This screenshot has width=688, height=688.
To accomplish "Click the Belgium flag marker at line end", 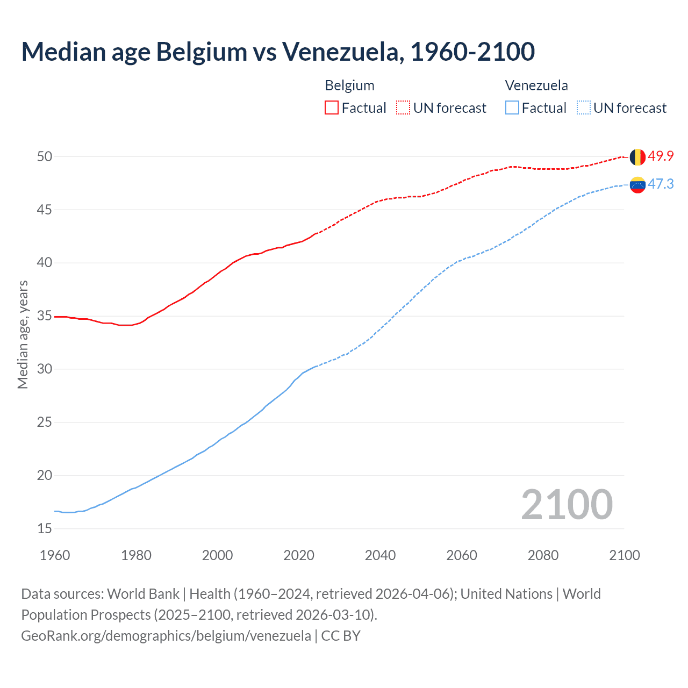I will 637,157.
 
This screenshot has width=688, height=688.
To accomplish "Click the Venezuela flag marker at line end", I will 637,185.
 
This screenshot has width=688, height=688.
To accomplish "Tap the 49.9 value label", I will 661,156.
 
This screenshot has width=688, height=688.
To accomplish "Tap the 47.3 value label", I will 661,184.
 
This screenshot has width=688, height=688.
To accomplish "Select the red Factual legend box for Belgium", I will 332,108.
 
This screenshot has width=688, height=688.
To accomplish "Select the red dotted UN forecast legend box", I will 403,108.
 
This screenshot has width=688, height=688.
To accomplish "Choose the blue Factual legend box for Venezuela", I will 512,108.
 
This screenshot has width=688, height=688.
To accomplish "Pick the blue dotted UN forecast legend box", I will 584,108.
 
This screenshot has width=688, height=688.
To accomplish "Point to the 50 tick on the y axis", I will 45,157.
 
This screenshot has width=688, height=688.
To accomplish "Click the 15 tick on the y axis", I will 45,529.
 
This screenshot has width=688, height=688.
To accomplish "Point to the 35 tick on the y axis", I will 45,316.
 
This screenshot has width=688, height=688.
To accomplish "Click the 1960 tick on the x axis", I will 55,555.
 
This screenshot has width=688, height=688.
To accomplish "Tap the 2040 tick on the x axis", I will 380,555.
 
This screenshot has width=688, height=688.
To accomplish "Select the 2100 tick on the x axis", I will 624,555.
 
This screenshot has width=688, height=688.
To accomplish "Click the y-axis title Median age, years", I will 23,334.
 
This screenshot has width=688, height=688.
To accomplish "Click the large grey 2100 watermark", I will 567,505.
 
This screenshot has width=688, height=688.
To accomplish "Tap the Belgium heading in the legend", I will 349,85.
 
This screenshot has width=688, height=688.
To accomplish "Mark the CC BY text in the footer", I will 341,636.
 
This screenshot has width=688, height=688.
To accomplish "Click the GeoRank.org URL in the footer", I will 166,636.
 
